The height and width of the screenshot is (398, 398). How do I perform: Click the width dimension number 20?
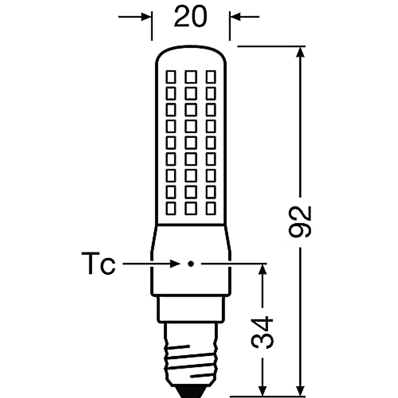coord(190,17)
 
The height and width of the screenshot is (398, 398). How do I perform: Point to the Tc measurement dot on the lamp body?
coord(190,264)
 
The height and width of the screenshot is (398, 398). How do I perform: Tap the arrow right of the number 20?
coord(236,17)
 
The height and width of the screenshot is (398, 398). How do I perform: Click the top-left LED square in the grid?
coord(171,77)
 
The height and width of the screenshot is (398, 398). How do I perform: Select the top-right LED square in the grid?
coord(211,77)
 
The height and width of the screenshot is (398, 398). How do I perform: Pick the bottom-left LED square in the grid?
coord(171,208)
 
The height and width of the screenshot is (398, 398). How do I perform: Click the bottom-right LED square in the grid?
coord(211,208)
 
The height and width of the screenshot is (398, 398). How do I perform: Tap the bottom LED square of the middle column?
coord(191,208)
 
